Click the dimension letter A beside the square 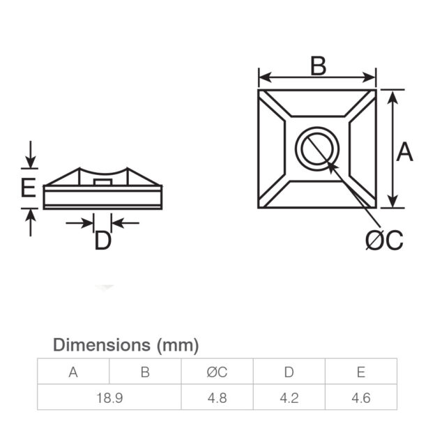[404, 151]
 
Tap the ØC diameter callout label [384, 240]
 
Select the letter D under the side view [102, 241]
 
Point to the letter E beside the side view [27, 189]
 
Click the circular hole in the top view [317, 148]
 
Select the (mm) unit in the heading [178, 344]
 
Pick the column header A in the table [73, 372]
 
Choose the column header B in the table [145, 372]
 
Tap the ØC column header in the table [217, 372]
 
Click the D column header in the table [289, 372]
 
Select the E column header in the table [360, 372]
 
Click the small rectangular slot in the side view [102, 181]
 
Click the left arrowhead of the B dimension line [263, 78]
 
